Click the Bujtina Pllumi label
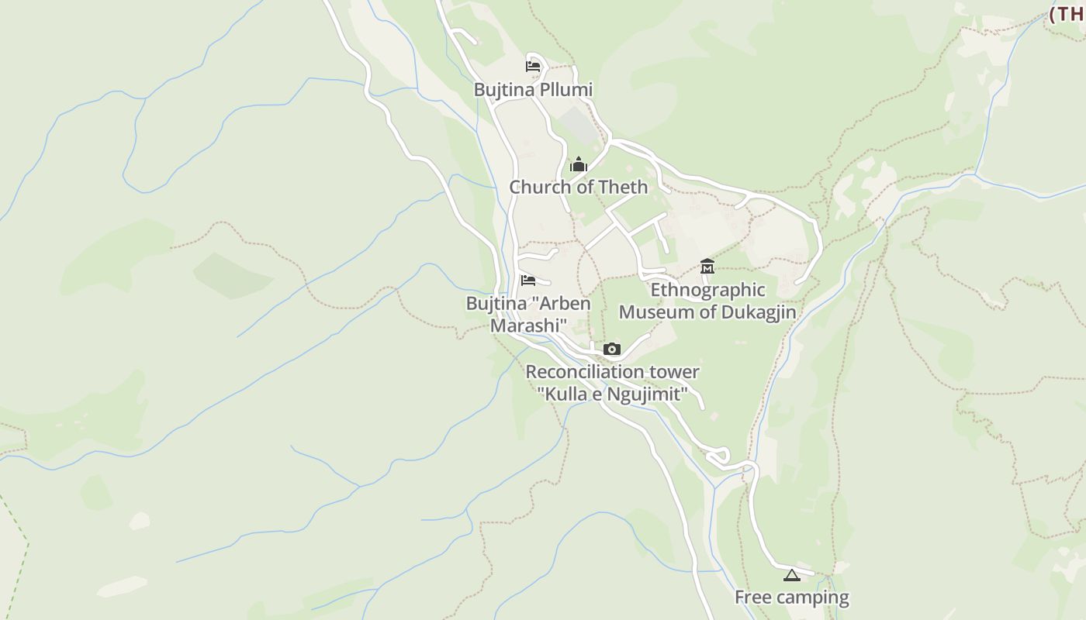[533, 90]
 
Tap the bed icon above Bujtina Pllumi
[532, 67]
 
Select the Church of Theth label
[578, 187]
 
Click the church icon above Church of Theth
[579, 164]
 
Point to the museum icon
[707, 267]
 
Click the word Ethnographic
[707, 290]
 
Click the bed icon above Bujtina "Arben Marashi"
[528, 281]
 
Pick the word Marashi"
[528, 325]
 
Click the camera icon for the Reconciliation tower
[612, 349]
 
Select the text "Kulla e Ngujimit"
[612, 394]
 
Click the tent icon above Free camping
[790, 575]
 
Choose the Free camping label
[791, 598]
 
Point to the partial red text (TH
[1067, 14]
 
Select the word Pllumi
[565, 90]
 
